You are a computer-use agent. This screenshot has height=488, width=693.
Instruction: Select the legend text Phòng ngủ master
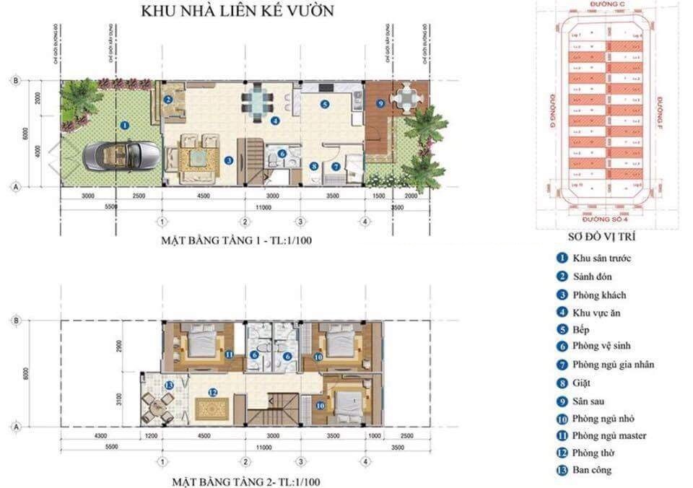(x=609, y=435)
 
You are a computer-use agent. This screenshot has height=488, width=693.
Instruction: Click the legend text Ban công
(x=592, y=470)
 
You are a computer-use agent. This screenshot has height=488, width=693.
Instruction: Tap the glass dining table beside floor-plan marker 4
(x=256, y=101)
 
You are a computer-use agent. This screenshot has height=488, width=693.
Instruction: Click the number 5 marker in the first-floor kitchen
(x=325, y=104)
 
